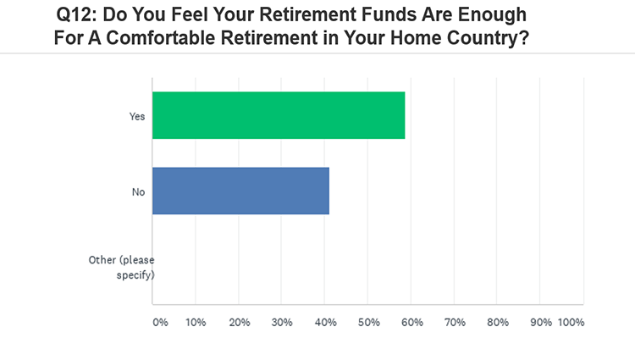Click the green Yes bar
(279, 115)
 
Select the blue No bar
(241, 191)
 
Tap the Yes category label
(137, 117)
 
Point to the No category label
(139, 192)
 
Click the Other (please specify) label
(121, 268)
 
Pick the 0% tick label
(160, 323)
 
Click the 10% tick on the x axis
(196, 323)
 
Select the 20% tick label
(240, 323)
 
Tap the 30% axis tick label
(282, 323)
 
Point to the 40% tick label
(326, 323)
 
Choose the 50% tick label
(369, 323)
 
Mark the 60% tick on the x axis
(412, 323)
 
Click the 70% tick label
(455, 323)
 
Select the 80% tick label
(498, 323)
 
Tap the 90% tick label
(541, 323)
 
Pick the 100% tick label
(571, 323)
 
